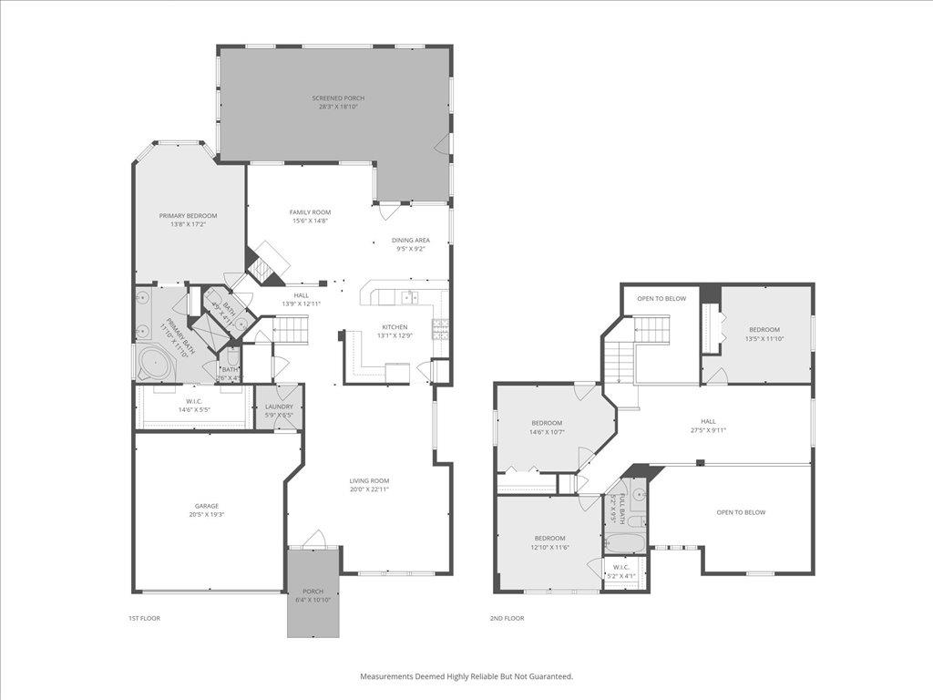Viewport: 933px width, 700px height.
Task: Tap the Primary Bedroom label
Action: pyautogui.click(x=189, y=216)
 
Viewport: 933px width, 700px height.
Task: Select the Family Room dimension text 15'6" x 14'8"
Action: pyautogui.click(x=310, y=221)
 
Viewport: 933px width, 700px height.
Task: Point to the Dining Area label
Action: pyautogui.click(x=411, y=241)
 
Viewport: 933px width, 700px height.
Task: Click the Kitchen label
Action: pyautogui.click(x=395, y=327)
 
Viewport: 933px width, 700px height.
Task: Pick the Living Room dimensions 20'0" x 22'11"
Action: pyautogui.click(x=370, y=489)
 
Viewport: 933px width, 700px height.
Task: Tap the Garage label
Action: pyautogui.click(x=206, y=506)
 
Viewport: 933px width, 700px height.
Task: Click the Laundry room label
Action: pyautogui.click(x=279, y=407)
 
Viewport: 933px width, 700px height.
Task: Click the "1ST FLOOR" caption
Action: pyautogui.click(x=144, y=618)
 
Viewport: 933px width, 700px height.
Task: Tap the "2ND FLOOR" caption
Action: pyautogui.click(x=508, y=618)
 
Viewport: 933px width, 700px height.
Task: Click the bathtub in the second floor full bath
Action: pyautogui.click(x=625, y=544)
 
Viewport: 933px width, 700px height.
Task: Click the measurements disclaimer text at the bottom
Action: pyautogui.click(x=466, y=676)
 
